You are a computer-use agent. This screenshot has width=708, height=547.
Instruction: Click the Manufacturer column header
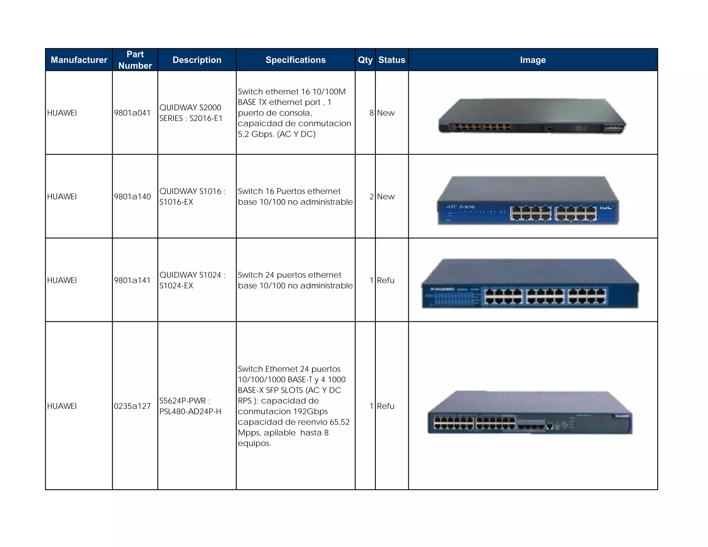click(x=79, y=60)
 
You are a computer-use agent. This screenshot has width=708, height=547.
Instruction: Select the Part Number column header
click(x=135, y=60)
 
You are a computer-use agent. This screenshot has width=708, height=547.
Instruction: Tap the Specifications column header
click(x=296, y=60)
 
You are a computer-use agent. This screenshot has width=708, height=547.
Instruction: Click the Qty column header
click(x=365, y=60)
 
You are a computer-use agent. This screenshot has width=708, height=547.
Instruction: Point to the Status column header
click(x=392, y=60)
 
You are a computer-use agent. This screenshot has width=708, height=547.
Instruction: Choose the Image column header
click(x=533, y=60)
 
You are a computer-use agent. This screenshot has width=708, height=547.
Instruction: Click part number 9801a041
click(x=132, y=113)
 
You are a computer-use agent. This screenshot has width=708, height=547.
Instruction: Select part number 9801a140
click(x=132, y=197)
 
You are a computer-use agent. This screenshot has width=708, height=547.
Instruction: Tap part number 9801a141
click(x=132, y=280)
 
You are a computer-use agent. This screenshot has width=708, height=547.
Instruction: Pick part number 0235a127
click(x=132, y=406)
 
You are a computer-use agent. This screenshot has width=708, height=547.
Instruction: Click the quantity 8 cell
click(x=371, y=113)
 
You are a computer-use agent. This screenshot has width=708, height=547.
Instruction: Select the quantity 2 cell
click(x=371, y=197)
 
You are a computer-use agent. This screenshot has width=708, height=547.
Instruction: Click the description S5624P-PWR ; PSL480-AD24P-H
click(x=190, y=406)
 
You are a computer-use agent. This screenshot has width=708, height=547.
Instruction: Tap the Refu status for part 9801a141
click(x=385, y=280)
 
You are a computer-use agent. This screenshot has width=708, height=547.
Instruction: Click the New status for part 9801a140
click(x=385, y=197)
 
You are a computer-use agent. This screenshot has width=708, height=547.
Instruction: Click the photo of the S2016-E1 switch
click(x=532, y=116)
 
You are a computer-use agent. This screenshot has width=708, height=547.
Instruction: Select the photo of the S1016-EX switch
click(x=528, y=201)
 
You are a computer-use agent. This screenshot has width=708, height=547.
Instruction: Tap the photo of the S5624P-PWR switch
click(x=530, y=412)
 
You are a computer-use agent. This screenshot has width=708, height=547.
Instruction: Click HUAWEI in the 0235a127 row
click(x=62, y=406)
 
